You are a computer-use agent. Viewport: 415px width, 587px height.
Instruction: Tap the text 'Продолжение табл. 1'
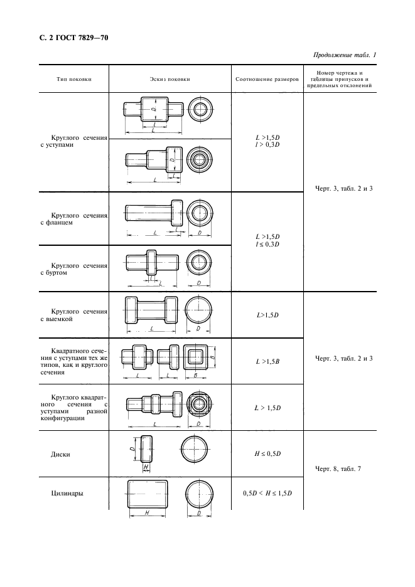(x=344, y=56)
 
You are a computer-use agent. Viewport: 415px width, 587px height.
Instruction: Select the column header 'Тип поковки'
(x=73, y=80)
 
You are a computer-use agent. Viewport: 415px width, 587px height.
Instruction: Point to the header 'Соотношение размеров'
(x=267, y=80)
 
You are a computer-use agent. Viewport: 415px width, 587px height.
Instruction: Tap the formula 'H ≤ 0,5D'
(x=267, y=453)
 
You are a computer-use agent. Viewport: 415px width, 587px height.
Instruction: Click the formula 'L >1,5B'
(x=267, y=362)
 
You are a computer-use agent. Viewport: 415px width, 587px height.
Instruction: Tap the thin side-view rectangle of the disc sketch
(x=147, y=449)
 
